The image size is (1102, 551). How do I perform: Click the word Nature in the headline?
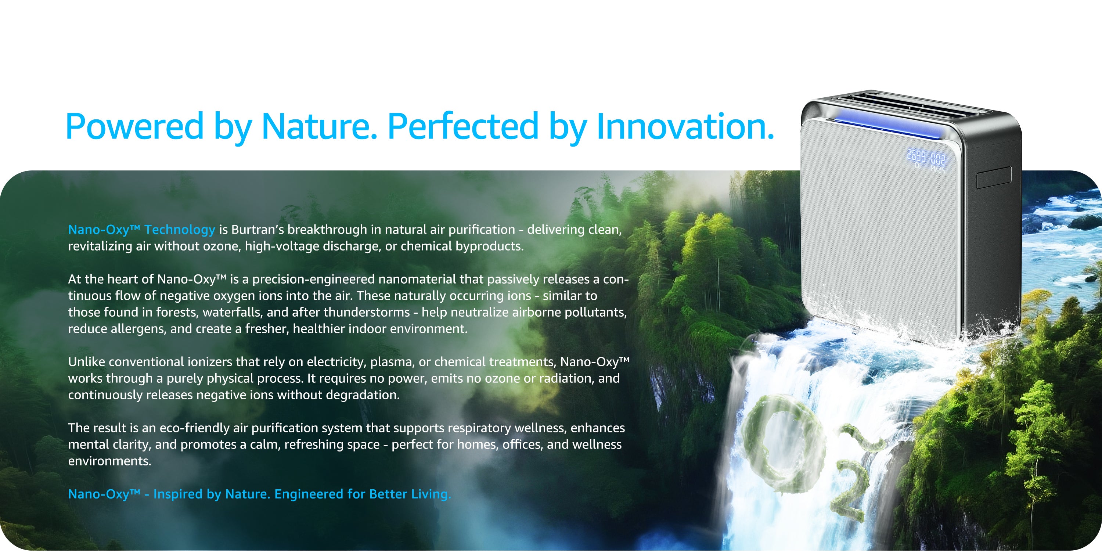(x=319, y=126)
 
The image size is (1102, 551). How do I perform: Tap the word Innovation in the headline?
(x=685, y=126)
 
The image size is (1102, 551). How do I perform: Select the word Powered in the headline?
(x=134, y=126)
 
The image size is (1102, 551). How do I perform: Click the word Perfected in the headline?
(x=462, y=126)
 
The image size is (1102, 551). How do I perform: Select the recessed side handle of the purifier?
(x=994, y=177)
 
